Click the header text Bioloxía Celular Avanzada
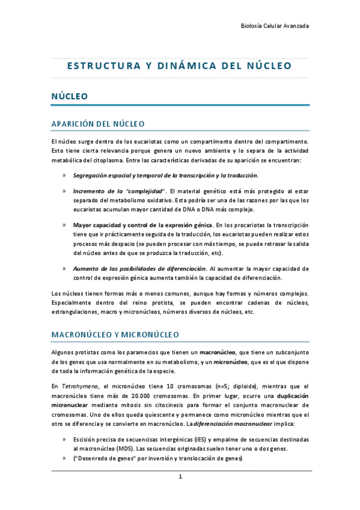click(275, 26)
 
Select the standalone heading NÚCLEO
click(69, 96)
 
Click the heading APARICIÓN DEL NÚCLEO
click(98, 124)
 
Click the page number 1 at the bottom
click(180, 477)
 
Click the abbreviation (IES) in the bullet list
click(194, 440)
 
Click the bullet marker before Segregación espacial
click(64, 176)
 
